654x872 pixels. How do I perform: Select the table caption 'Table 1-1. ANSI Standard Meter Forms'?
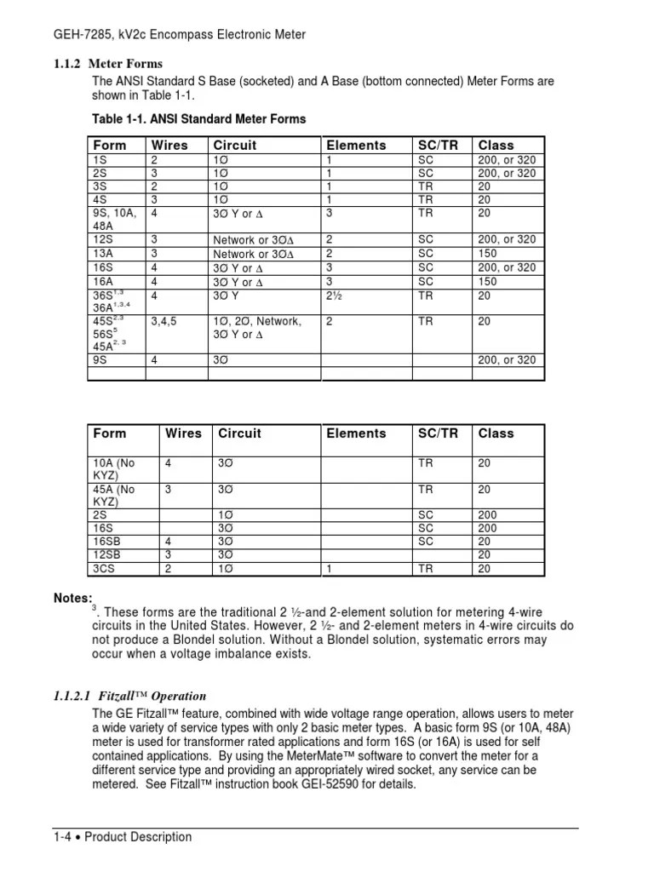click(x=198, y=118)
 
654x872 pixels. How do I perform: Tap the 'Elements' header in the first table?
click(x=356, y=146)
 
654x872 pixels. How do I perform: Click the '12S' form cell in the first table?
click(x=103, y=240)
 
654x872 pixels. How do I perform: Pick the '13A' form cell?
click(x=103, y=254)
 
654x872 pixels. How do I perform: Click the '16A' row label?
click(x=103, y=282)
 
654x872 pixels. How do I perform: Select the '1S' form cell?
click(x=100, y=159)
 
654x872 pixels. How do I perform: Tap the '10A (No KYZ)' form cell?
click(x=114, y=469)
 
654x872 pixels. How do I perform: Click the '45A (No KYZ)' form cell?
click(x=114, y=496)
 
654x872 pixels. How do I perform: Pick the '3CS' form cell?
click(x=105, y=568)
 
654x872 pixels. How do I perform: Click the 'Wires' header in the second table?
click(x=183, y=433)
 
